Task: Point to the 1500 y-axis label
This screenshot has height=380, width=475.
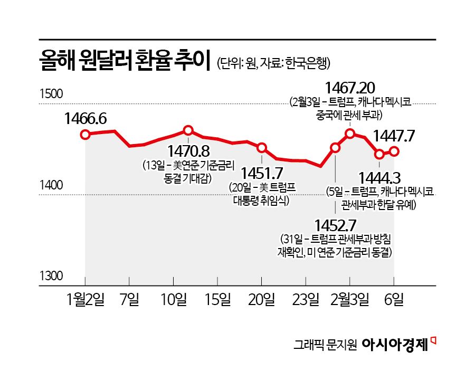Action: (x=51, y=95)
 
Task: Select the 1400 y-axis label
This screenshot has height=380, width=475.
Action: (x=51, y=185)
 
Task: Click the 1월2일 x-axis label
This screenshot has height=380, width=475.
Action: (x=86, y=300)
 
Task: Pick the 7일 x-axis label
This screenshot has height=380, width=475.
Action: (x=130, y=300)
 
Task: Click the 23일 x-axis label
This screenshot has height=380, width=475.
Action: (x=306, y=300)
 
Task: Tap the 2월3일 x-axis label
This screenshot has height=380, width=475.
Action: (x=349, y=300)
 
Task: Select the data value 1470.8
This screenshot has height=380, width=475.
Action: (x=188, y=151)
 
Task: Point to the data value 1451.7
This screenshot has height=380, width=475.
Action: (x=262, y=173)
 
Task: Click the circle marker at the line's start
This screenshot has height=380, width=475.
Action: (x=85, y=134)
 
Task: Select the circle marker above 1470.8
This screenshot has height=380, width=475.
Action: (x=188, y=130)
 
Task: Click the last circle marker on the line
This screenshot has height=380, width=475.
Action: (x=394, y=151)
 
